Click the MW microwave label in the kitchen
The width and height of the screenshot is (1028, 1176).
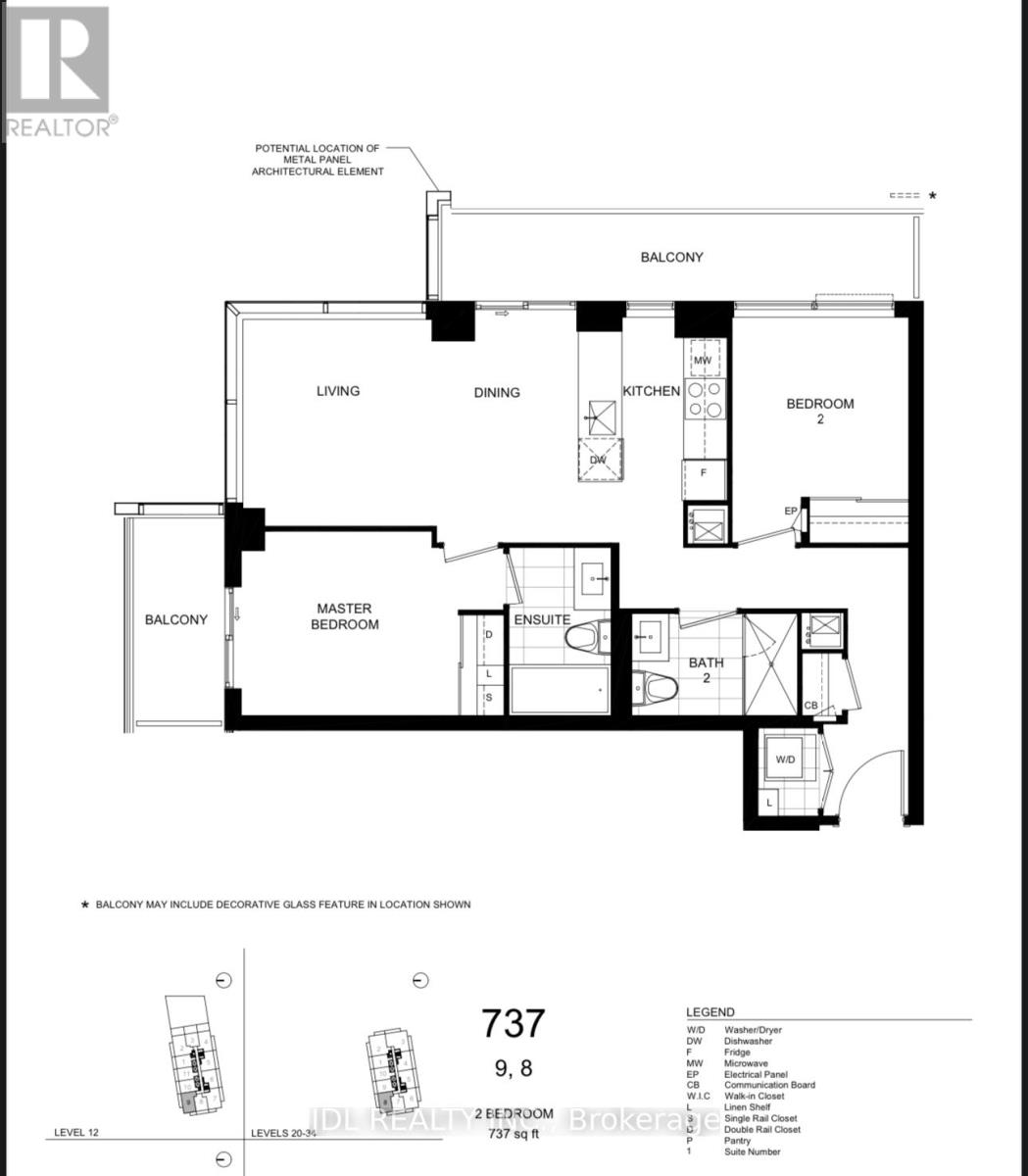point(702,361)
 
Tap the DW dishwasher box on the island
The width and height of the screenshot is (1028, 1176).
point(598,460)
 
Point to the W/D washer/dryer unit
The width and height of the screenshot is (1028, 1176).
point(786,759)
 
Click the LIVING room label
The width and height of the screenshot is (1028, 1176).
point(338,391)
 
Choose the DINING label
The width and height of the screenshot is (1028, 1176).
point(497,393)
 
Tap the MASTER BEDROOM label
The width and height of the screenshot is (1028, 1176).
point(344,616)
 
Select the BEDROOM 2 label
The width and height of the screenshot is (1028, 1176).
point(820,411)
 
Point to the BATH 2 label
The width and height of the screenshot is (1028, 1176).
point(706,671)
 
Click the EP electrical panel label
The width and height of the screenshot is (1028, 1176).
point(790,512)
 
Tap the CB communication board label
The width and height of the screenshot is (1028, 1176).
point(811,705)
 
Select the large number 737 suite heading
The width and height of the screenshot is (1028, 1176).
point(513,1023)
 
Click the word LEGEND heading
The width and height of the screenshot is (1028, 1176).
point(710,1012)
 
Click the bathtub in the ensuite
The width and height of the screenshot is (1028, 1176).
point(559,690)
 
